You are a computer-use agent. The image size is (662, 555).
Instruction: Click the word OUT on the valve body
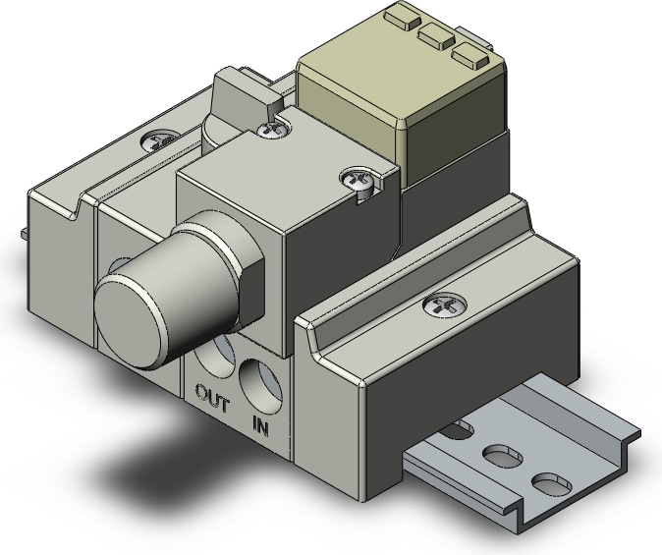click(213, 398)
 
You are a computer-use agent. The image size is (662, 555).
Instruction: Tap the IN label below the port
click(260, 425)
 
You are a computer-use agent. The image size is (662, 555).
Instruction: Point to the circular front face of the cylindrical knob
click(130, 320)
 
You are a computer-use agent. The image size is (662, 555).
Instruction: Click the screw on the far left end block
click(159, 141)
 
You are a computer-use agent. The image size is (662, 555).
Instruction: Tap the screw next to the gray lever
click(273, 130)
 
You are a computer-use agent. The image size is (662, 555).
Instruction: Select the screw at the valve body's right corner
click(359, 181)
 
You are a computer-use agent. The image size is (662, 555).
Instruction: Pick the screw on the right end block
click(445, 304)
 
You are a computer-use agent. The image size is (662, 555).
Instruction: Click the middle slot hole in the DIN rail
click(502, 455)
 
